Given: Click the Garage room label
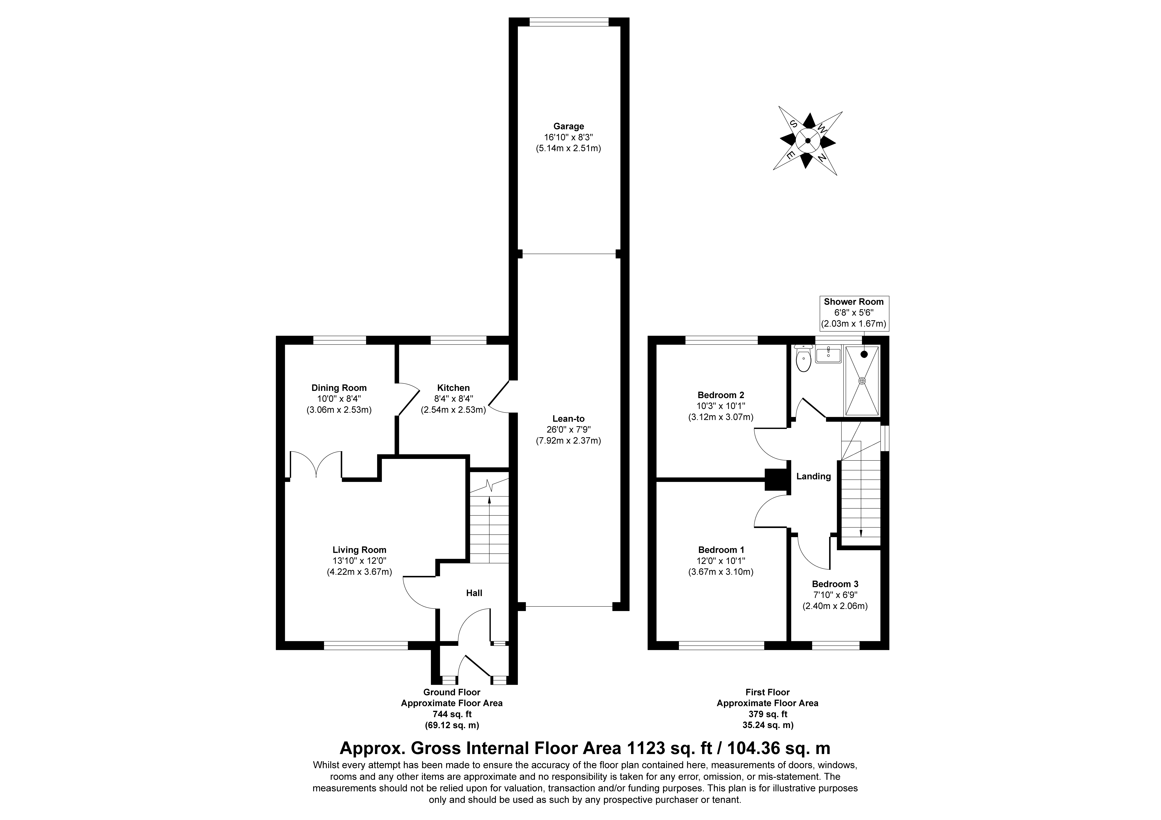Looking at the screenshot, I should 568,126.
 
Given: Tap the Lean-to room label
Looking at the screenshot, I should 568,419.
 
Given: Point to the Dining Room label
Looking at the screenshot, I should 339,388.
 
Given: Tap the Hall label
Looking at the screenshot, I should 474,593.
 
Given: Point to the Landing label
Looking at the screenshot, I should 813,476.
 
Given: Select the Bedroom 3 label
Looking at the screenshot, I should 835,584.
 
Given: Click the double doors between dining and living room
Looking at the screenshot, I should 317,465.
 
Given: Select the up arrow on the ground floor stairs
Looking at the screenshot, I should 489,500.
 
